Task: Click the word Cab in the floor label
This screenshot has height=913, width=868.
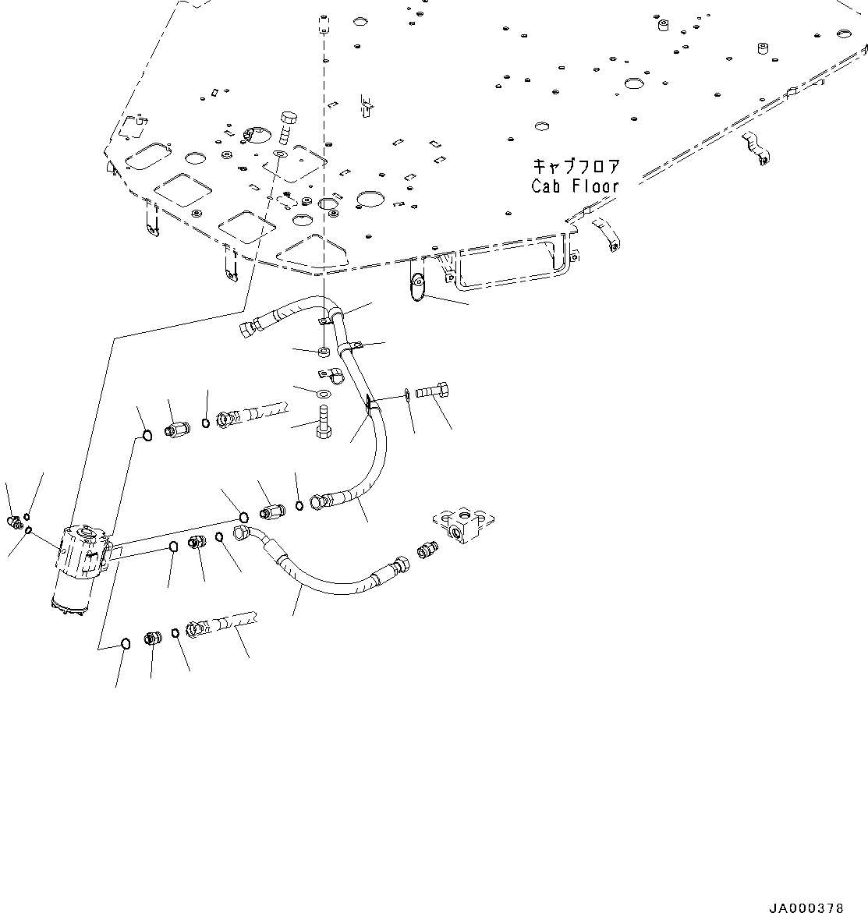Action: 548,186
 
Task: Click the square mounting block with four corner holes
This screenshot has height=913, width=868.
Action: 465,522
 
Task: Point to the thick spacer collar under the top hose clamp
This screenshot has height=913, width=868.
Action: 324,352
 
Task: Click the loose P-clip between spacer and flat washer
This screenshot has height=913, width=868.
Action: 332,374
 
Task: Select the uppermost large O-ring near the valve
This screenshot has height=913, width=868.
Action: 147,433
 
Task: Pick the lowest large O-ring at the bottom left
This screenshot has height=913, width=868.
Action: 125,643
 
